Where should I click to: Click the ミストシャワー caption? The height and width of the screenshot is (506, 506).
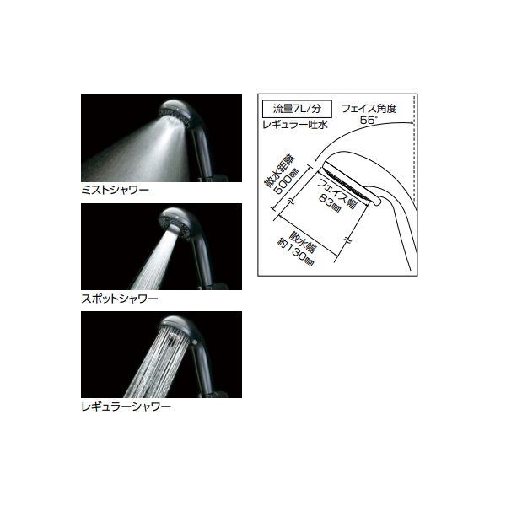[x=115, y=190]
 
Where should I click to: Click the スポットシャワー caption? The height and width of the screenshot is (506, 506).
[x=120, y=299]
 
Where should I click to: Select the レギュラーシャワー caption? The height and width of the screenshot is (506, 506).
[x=126, y=406]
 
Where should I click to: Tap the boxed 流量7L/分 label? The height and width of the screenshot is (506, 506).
[x=297, y=109]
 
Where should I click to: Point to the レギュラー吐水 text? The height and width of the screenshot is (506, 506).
[x=295, y=125]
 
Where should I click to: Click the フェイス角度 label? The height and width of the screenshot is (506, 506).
[x=369, y=109]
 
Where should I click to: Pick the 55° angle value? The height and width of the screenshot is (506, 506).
[x=369, y=121]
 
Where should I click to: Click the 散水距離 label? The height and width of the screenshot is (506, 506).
[x=275, y=173]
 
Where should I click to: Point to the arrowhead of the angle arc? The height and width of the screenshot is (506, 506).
[x=316, y=159]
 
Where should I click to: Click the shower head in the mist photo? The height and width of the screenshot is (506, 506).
[x=177, y=113]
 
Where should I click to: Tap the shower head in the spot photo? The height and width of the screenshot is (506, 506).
[x=177, y=222]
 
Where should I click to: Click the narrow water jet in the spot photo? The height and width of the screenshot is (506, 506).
[x=154, y=258]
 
